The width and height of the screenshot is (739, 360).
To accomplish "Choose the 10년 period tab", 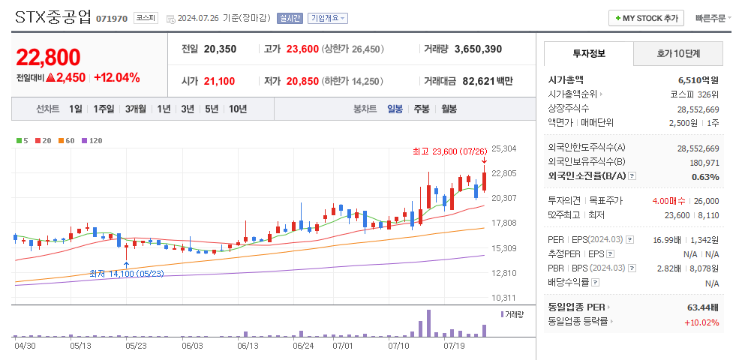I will click(x=238, y=109).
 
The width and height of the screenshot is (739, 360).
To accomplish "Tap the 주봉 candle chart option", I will click(x=422, y=109).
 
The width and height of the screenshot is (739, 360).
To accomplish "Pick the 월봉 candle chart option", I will click(x=449, y=109).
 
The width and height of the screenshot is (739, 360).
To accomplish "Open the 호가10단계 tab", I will click(x=678, y=54).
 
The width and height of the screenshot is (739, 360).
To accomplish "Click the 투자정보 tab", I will click(x=589, y=54).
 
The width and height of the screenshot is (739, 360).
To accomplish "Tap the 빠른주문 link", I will click(x=710, y=18).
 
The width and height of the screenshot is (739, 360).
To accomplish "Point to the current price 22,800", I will click(x=48, y=57).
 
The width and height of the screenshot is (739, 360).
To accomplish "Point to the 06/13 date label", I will click(x=248, y=346).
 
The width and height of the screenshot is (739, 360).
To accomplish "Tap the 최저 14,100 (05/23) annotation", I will click(x=126, y=274).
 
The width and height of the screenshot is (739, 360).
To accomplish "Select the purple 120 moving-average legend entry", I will click(x=92, y=140).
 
